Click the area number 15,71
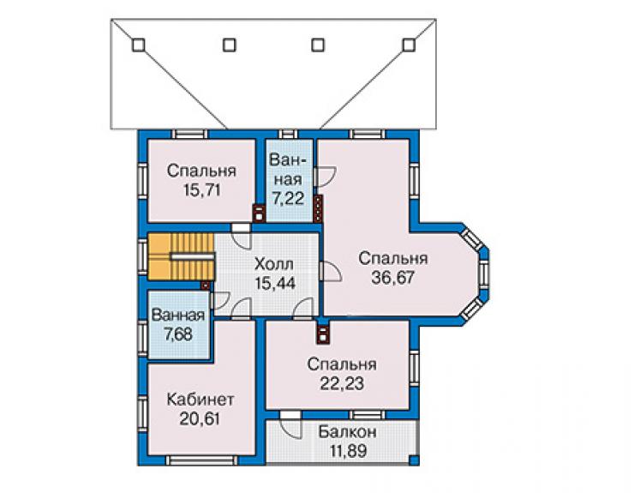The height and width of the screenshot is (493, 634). coord(202,189)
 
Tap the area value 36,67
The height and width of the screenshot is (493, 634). coord(393,278)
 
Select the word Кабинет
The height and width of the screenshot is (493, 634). coord(200,400)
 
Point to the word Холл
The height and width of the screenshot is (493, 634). coord(274,264)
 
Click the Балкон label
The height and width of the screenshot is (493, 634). coord(348,432)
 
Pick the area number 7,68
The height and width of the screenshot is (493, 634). coord(178,334)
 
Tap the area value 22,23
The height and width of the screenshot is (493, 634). coord(342,383)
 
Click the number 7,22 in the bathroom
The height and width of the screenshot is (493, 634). coord(288,198)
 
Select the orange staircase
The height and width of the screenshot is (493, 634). coord(181,256)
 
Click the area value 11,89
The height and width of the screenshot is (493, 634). coord(349,450)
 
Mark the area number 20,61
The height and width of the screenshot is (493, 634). coord(200,418)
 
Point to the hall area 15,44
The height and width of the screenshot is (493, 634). coord(275,283)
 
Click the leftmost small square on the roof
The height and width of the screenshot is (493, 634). coord(138,45)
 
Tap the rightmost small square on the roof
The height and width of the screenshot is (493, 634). coord(409,45)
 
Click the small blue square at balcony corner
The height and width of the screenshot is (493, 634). coord(413,460)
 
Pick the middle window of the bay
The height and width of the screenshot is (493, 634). coord(483,274)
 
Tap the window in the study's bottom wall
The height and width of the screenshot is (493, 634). coord(201,460)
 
